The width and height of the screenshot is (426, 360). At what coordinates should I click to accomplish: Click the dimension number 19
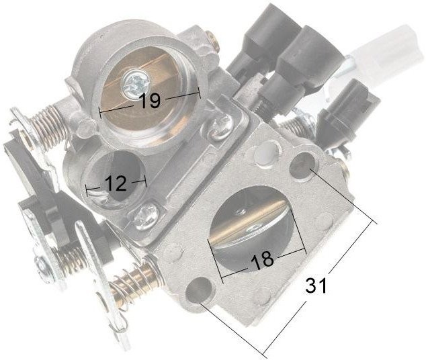pos(149,100)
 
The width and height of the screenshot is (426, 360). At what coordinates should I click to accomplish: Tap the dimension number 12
pos(116,183)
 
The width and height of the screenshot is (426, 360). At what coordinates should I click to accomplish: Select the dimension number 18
pos(262,260)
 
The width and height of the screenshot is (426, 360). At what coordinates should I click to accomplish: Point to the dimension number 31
pos(315,285)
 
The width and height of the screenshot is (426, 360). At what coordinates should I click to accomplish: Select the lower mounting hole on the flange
pos(200,291)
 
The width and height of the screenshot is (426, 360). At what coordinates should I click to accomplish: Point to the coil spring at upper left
pos(49,128)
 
